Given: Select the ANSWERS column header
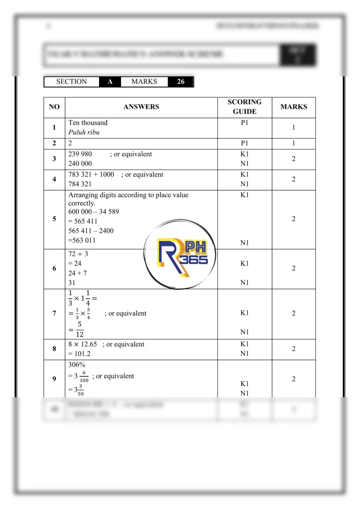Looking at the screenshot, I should (x=141, y=107).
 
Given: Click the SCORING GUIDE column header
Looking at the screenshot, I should (x=244, y=107).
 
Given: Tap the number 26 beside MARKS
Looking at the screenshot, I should (x=180, y=82).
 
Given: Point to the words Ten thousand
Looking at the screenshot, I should (x=88, y=122).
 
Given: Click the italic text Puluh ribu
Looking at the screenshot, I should (x=84, y=132).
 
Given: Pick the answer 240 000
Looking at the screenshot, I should (x=80, y=164).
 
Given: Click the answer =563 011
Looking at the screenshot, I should (x=82, y=240).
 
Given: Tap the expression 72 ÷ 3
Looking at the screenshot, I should (x=78, y=254).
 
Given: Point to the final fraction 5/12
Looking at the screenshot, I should (x=79, y=329).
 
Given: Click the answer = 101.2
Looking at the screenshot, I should (x=81, y=354).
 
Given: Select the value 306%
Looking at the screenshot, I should (x=77, y=365).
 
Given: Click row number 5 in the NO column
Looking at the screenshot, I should (x=54, y=219).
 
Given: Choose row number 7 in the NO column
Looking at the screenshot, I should (x=54, y=314).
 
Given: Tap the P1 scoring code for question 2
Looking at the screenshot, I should (x=244, y=144).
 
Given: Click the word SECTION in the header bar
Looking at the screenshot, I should (x=72, y=82).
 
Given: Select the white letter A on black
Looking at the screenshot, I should (x=110, y=82).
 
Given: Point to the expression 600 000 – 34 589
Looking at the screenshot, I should (x=94, y=212).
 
